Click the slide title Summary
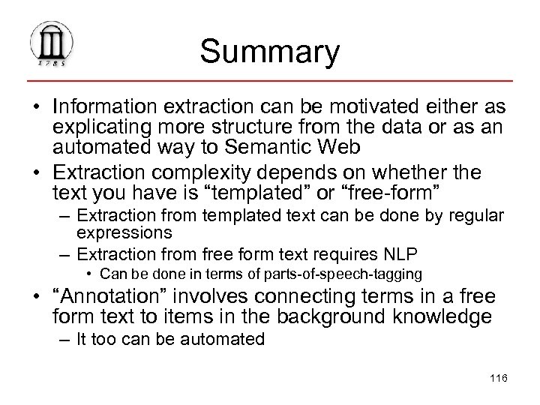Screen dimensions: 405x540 pos(270,52)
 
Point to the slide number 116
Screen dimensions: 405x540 pos(496,378)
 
